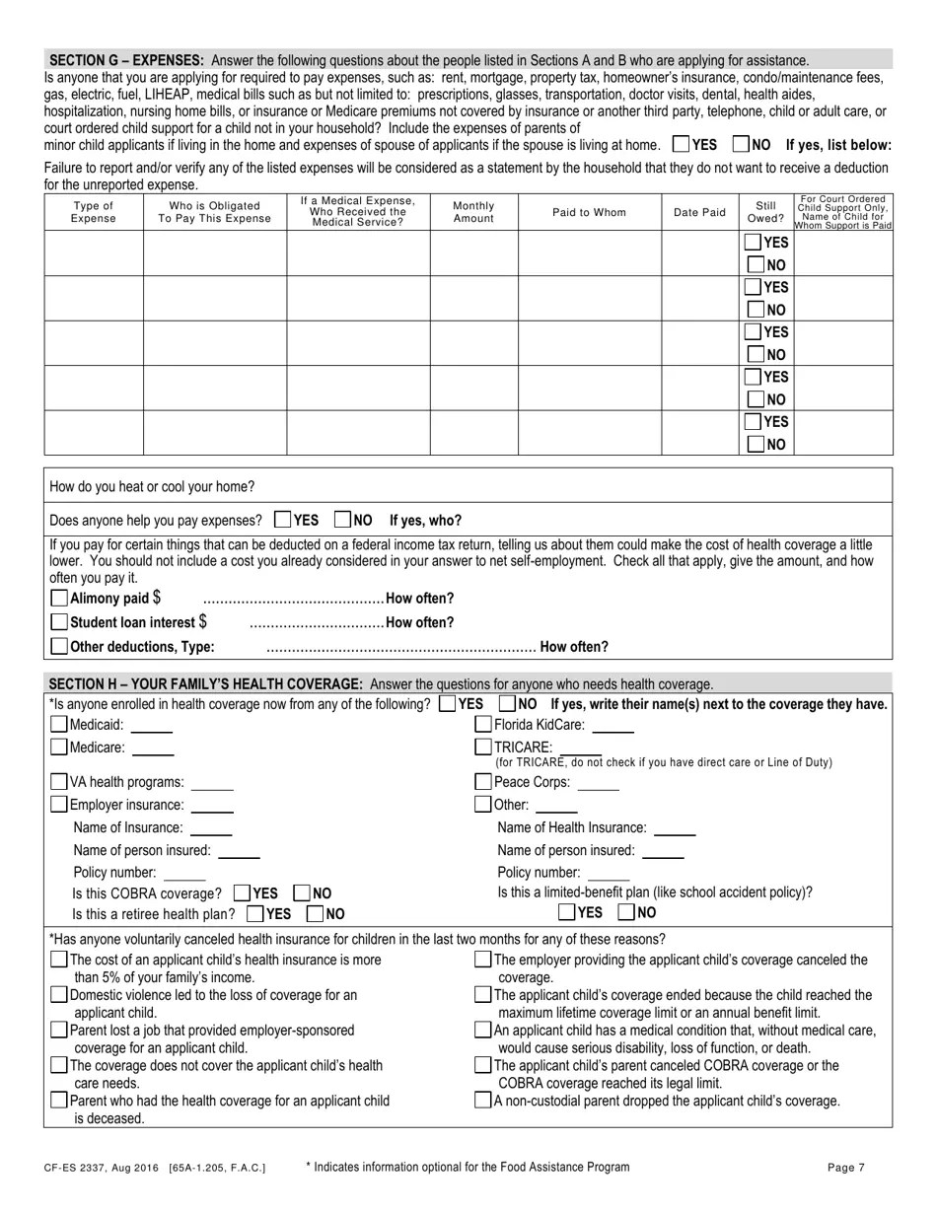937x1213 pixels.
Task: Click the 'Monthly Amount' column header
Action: click(473, 212)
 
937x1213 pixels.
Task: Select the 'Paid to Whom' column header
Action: click(589, 212)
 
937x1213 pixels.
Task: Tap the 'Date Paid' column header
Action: click(699, 212)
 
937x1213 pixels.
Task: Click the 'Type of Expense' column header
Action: click(94, 212)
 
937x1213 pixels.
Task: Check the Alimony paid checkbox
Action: click(59, 598)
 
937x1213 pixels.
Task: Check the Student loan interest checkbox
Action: click(59, 622)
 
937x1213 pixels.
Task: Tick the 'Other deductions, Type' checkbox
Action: click(59, 647)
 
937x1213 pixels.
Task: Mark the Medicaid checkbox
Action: click(59, 725)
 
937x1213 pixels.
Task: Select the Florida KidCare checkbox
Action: click(483, 725)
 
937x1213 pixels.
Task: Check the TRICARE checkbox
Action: click(483, 748)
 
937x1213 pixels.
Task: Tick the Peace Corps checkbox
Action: click(483, 782)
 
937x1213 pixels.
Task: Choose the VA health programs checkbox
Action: click(59, 782)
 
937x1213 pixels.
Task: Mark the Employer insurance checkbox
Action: click(59, 805)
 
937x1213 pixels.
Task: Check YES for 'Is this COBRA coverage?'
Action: click(243, 893)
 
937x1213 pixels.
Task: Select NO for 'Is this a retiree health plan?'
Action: click(316, 914)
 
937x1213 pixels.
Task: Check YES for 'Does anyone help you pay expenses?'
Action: click(283, 520)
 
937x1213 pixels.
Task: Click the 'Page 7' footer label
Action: click(846, 1168)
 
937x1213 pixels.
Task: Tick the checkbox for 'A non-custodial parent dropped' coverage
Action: click(483, 1101)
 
